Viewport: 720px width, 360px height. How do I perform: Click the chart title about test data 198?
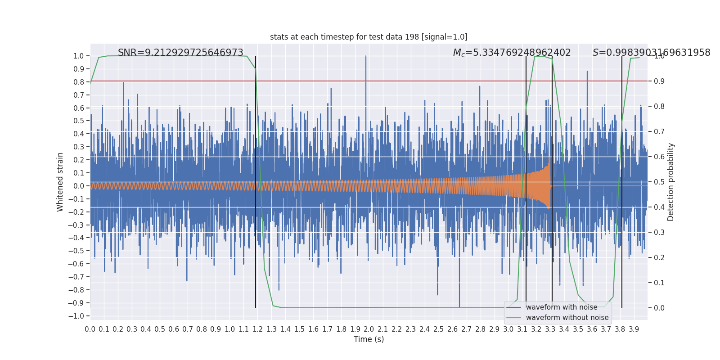tap(369, 37)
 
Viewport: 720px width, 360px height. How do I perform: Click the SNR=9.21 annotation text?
tap(180, 53)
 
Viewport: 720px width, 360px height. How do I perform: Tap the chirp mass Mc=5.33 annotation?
tap(512, 53)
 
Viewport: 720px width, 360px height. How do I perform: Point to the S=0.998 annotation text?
tap(651, 53)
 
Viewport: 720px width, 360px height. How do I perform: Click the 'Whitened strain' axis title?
tap(60, 182)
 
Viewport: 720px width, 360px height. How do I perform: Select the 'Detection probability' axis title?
tap(670, 182)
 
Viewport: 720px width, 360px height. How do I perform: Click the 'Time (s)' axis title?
tap(369, 339)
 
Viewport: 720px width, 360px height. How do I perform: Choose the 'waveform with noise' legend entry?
tap(561, 307)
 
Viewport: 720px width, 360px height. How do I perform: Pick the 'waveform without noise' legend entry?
tap(567, 318)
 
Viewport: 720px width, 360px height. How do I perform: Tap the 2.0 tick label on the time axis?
tap(369, 329)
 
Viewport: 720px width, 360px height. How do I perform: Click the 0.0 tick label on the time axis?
tap(90, 329)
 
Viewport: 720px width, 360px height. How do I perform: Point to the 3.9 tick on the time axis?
tap(634, 329)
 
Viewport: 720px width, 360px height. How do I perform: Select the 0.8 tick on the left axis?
tap(79, 82)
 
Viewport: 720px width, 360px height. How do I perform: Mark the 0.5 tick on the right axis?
tap(659, 182)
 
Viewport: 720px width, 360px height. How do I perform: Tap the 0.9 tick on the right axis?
tap(659, 81)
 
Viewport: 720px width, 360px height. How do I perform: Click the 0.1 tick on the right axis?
tap(659, 283)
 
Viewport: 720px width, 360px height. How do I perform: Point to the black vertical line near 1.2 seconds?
tap(256, 180)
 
